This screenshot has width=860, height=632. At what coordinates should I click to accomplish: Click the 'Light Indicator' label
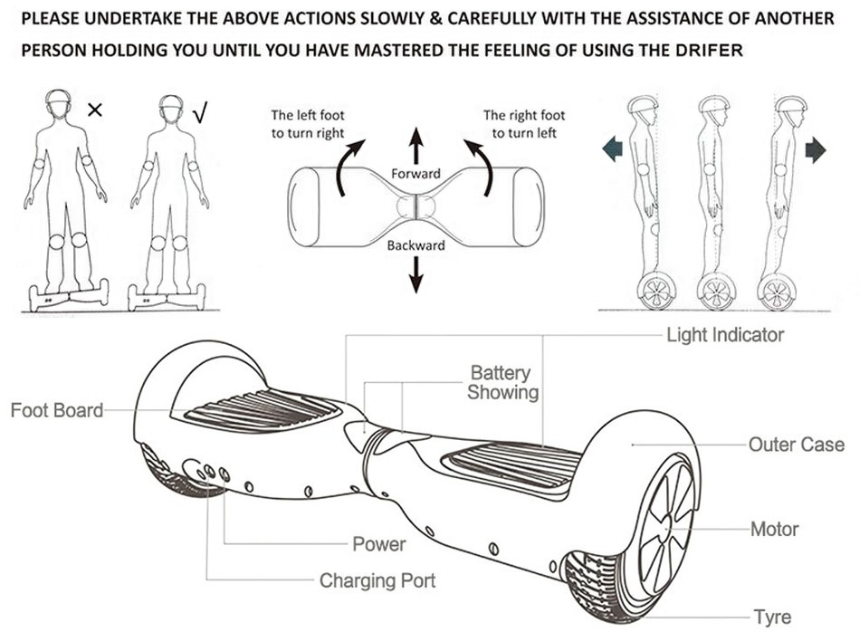(x=724, y=335)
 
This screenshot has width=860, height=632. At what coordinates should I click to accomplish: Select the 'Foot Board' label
(x=56, y=410)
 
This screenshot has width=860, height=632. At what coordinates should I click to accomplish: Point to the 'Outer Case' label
(x=796, y=445)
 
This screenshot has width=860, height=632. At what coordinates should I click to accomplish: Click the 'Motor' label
(x=774, y=529)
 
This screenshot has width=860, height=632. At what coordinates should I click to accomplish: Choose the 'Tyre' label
(x=771, y=618)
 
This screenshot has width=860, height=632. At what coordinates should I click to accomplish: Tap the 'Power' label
(x=378, y=544)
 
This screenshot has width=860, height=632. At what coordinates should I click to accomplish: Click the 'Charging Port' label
(x=377, y=580)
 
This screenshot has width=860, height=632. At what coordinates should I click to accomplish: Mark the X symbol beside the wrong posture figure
(x=95, y=110)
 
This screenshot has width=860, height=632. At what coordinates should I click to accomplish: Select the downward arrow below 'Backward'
(x=416, y=274)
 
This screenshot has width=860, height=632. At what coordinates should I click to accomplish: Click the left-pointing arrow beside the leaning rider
(x=612, y=148)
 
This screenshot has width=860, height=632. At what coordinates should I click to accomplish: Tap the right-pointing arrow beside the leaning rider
(x=816, y=149)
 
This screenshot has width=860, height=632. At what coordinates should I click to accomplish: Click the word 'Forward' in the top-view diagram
(x=416, y=173)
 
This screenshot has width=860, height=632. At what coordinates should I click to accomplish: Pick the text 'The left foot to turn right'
(x=308, y=124)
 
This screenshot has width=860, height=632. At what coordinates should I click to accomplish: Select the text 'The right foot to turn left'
(x=524, y=124)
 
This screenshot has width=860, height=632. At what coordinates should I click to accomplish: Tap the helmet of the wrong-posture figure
(x=58, y=101)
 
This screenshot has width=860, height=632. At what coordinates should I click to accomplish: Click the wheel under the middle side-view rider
(x=715, y=292)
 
